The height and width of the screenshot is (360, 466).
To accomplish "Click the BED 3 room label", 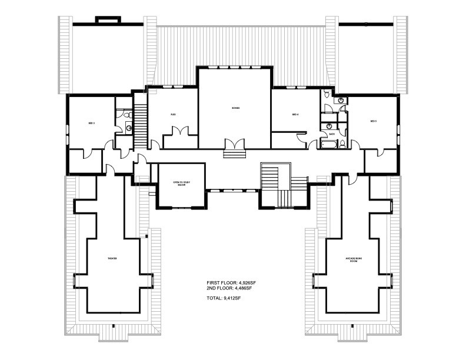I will (x=91, y=123).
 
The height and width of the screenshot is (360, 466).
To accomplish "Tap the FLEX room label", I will (x=173, y=114).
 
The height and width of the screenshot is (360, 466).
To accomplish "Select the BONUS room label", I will (x=235, y=108).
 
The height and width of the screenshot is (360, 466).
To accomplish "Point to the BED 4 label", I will (x=296, y=114).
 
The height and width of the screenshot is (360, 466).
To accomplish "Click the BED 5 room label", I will (x=373, y=121).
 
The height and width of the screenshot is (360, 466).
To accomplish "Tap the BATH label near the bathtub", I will (x=332, y=134).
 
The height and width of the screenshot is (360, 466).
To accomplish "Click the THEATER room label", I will (x=112, y=259).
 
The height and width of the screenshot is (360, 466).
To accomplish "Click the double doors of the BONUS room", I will (x=234, y=144).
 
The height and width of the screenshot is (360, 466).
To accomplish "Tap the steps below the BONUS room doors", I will (x=234, y=154).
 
